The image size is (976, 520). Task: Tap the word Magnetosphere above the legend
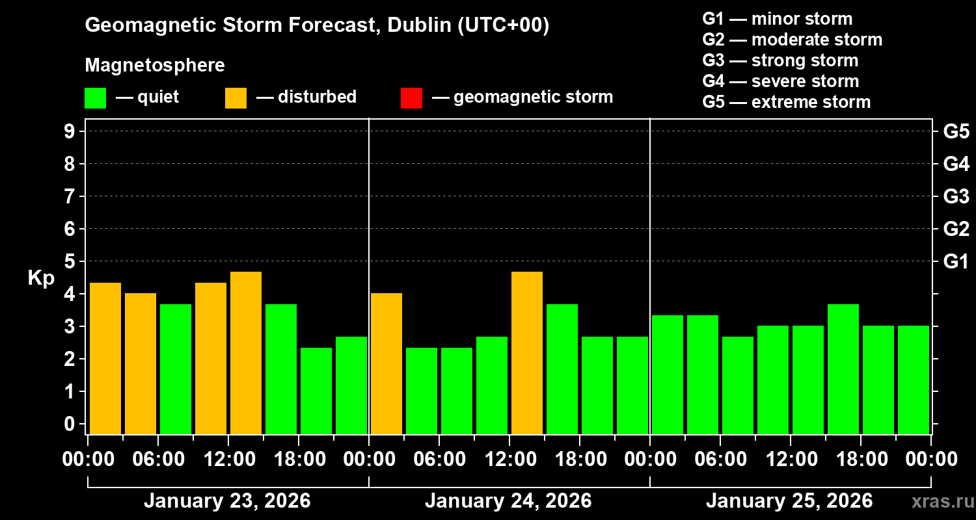coord(155,66)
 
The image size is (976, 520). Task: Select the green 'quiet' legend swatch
coord(95,97)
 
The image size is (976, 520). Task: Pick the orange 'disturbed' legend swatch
coord(236,97)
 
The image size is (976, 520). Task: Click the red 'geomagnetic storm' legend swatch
coord(411,97)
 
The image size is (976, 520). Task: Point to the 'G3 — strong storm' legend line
coord(780,60)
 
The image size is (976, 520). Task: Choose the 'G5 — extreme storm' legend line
coord(786,102)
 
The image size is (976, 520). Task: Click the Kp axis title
coord(41,278)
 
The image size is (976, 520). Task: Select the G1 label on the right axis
coord(956,262)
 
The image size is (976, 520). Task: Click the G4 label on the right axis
coord(956,164)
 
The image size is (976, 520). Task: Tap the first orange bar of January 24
coord(386,363)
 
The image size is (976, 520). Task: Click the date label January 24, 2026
coord(508,501)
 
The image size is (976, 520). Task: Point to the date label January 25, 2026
coord(789,501)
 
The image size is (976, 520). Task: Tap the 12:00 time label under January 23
coord(229,460)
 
